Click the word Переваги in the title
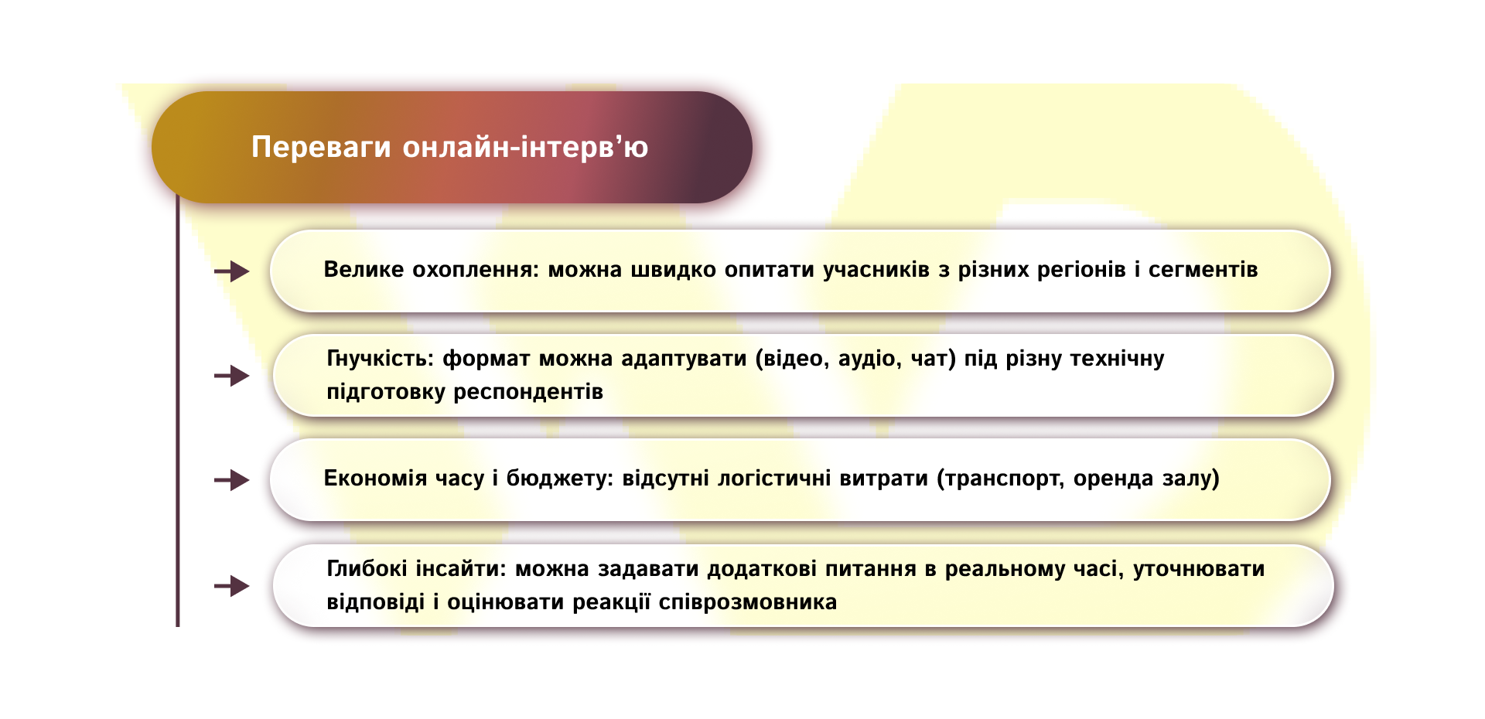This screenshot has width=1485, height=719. (321, 147)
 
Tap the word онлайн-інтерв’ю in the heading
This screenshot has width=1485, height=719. (525, 147)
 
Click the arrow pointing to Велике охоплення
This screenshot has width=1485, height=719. (232, 271)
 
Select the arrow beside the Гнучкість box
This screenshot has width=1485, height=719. (232, 376)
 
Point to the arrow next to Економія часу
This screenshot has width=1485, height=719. (232, 480)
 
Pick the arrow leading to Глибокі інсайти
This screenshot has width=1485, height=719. (232, 586)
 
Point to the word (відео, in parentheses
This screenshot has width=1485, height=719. (792, 359)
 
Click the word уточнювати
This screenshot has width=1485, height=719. (1199, 569)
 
